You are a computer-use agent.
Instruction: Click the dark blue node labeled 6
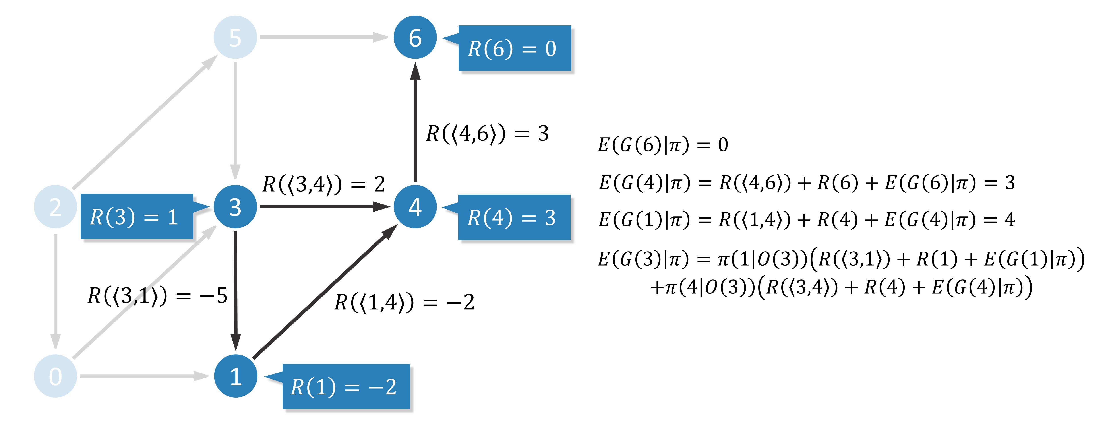pos(415,37)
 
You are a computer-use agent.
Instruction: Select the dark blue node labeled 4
pos(415,207)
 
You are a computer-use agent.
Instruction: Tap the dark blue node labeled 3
pos(236,207)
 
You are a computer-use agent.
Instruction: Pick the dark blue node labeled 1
pos(236,376)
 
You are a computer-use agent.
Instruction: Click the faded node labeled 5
pos(236,37)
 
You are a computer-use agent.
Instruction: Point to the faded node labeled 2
pos(55,207)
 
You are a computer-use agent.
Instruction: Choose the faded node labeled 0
pos(55,376)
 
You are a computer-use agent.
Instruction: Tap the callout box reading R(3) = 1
pos(137,216)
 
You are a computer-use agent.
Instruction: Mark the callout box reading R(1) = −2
pos(346,386)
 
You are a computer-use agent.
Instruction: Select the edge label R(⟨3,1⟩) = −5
pos(157,296)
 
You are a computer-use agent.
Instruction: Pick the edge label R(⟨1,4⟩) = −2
pos(404,302)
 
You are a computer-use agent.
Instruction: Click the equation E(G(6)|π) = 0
pos(663,145)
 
